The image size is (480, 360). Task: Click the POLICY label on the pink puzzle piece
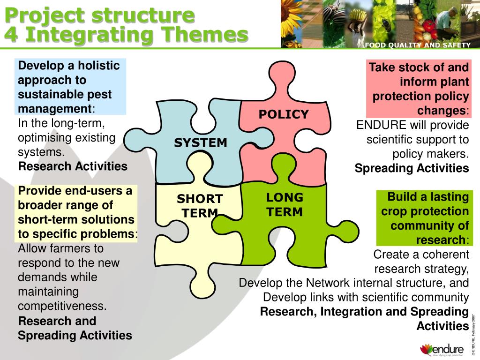284,114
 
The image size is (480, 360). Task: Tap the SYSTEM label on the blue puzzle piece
201,143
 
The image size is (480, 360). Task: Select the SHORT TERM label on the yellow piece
200,206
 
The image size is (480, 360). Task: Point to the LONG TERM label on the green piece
285,204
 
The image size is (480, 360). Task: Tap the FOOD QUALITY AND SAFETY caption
417,45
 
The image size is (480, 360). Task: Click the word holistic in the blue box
99,65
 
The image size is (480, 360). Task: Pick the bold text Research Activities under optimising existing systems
73,166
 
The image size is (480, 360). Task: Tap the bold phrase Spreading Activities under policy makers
412,169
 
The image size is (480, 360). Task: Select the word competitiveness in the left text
62,307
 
